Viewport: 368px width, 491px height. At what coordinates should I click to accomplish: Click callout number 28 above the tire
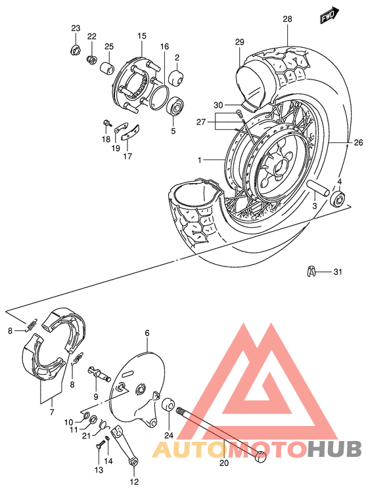287,19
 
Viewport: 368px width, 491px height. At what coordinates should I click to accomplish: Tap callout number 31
338,272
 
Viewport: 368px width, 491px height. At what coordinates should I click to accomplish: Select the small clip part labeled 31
311,270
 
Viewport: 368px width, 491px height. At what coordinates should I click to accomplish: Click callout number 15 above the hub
142,35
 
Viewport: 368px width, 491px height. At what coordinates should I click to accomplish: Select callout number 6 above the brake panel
147,333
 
